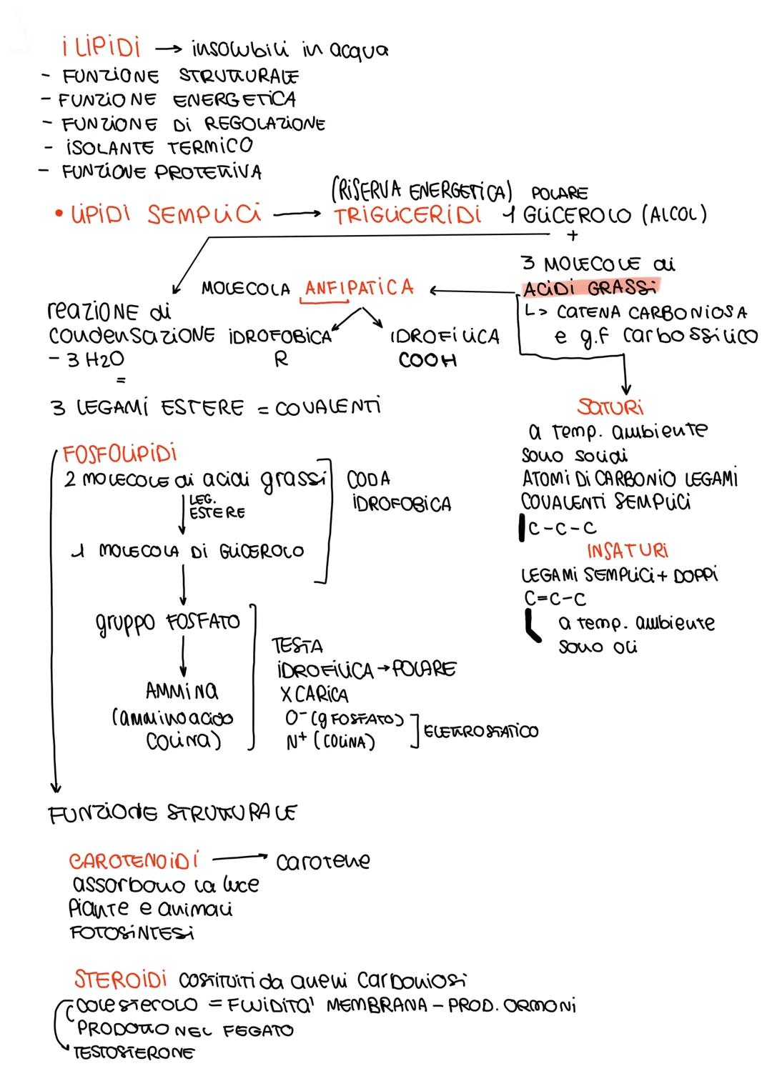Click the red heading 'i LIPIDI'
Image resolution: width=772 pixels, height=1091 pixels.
tap(100, 48)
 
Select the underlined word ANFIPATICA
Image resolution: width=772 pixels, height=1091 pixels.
tap(359, 288)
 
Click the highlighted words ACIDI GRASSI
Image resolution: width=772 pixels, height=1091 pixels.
tap(590, 289)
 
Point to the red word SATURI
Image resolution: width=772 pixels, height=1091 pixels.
tap(610, 407)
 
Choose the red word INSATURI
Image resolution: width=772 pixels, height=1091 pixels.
tap(628, 551)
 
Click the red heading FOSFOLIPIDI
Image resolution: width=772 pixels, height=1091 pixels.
tap(120, 454)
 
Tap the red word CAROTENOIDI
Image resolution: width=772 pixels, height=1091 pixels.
tap(134, 860)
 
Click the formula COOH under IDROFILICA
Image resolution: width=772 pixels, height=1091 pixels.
tap(427, 360)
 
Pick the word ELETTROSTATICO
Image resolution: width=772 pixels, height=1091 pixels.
tap(481, 731)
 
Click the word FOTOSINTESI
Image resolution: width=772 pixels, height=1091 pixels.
tap(133, 933)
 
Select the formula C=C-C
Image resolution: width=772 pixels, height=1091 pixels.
tap(555, 598)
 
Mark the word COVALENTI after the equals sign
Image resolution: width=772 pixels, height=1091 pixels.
tap(328, 407)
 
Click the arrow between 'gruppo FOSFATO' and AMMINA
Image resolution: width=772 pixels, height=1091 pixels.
tap(184, 655)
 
